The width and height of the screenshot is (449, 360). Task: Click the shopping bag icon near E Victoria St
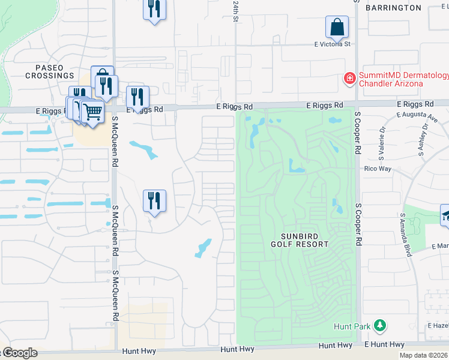point(337,27)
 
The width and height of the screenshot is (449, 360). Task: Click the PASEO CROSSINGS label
point(50,71)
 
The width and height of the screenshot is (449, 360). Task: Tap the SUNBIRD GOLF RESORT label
point(300,240)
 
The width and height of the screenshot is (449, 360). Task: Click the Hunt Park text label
point(352,326)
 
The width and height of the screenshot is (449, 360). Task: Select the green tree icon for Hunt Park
point(379,326)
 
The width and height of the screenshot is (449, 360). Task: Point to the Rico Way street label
point(378,169)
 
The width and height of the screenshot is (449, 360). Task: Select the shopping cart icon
point(91,112)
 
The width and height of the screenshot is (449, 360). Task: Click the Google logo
point(19,353)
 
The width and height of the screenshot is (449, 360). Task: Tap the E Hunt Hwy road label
point(385,344)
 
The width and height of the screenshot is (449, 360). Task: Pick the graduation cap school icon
point(446,216)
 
